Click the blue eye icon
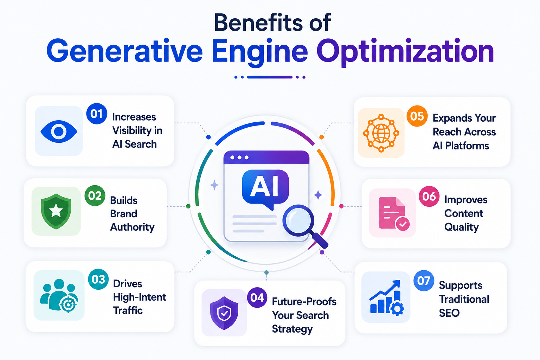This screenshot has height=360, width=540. [x=59, y=131]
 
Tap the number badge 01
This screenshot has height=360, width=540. [x=97, y=114]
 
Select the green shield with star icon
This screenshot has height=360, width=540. [x=56, y=211]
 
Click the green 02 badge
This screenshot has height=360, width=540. [x=95, y=195]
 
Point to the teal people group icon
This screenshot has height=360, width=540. [x=59, y=296]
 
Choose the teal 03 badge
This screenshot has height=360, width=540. [x=98, y=279]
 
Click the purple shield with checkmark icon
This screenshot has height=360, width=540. [x=224, y=313]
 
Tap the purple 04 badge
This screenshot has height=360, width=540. [x=257, y=297]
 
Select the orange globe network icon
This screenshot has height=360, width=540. [x=381, y=133]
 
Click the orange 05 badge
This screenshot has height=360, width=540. [x=417, y=116]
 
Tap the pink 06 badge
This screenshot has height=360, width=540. [x=429, y=196]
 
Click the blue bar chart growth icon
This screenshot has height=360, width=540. [x=387, y=297]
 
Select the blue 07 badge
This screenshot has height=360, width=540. [x=424, y=281]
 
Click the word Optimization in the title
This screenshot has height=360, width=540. [x=405, y=52]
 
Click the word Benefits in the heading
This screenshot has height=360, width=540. [x=258, y=22]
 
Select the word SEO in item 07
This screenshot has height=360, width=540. [x=449, y=313]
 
